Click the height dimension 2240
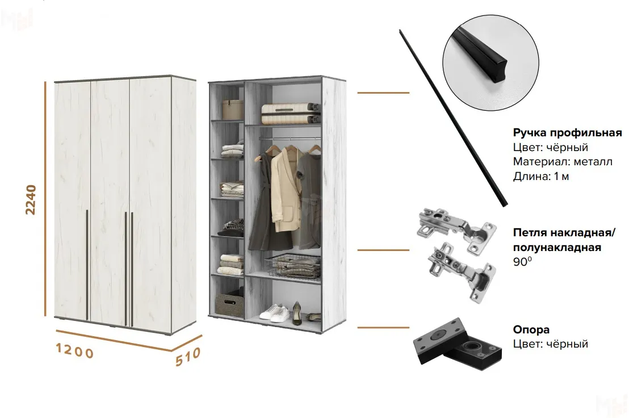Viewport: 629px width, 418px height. coord(31,200)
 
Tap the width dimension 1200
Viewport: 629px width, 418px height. coord(74,350)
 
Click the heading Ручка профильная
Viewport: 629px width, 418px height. coord(567,132)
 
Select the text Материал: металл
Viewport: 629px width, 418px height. coord(563,162)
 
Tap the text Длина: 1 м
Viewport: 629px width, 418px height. coord(541,176)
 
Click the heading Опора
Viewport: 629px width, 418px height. coord(531,329)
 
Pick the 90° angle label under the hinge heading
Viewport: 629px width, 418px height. coord(522,262)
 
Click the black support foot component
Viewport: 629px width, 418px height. coord(458,341)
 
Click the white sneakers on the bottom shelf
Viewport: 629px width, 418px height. coord(275,313)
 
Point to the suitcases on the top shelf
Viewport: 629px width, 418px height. coord(291,114)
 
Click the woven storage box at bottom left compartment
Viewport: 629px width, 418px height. coord(229,305)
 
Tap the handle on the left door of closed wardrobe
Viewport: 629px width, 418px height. coord(87,265)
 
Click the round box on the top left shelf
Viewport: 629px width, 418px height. coord(233,109)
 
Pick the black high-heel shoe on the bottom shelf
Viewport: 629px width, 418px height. coord(296,313)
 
